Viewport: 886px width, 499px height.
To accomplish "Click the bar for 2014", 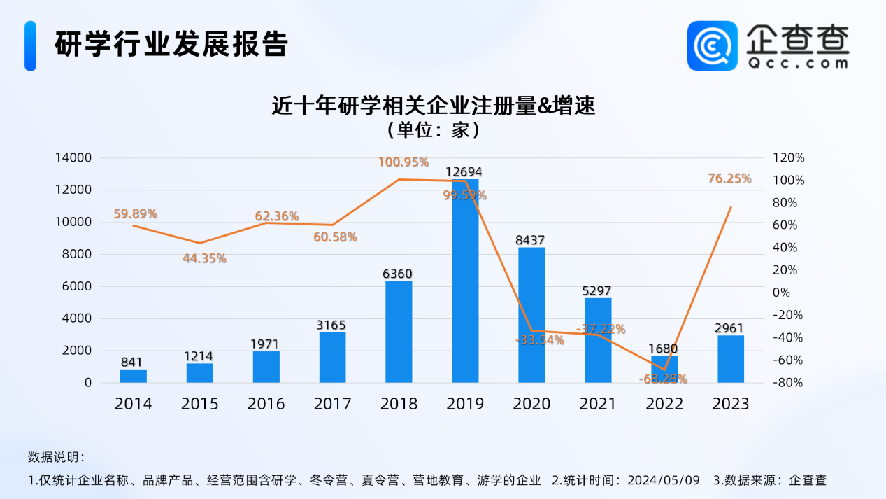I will pyautogui.click(x=134, y=376).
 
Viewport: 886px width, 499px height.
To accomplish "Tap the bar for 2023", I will pyautogui.click(x=731, y=359).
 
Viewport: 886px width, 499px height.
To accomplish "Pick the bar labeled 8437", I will pyautogui.click(x=531, y=315).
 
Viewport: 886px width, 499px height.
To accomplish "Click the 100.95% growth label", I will pyautogui.click(x=403, y=162).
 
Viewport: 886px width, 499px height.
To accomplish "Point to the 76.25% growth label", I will pyautogui.click(x=729, y=178).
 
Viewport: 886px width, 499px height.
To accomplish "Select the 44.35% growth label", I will pyautogui.click(x=204, y=258).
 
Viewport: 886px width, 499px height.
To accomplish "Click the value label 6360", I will pyautogui.click(x=399, y=273).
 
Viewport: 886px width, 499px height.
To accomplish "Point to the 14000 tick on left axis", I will pyautogui.click(x=73, y=158).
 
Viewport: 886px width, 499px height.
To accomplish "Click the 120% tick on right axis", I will pyautogui.click(x=788, y=158).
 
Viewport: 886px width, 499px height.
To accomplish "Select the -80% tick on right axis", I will pyautogui.click(x=788, y=383).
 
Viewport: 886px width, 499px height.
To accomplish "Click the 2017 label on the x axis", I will pyautogui.click(x=332, y=404).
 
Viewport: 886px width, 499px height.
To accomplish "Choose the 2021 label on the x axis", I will pyautogui.click(x=598, y=404).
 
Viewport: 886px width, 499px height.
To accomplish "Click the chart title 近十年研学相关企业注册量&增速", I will pyautogui.click(x=434, y=106).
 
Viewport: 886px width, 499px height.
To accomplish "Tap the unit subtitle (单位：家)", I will pyautogui.click(x=434, y=130).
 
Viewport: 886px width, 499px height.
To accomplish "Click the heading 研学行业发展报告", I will pyautogui.click(x=171, y=44).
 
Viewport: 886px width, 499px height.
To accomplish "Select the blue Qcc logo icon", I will pyautogui.click(x=712, y=45).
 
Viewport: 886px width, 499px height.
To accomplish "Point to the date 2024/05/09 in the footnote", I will pyautogui.click(x=664, y=480).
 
